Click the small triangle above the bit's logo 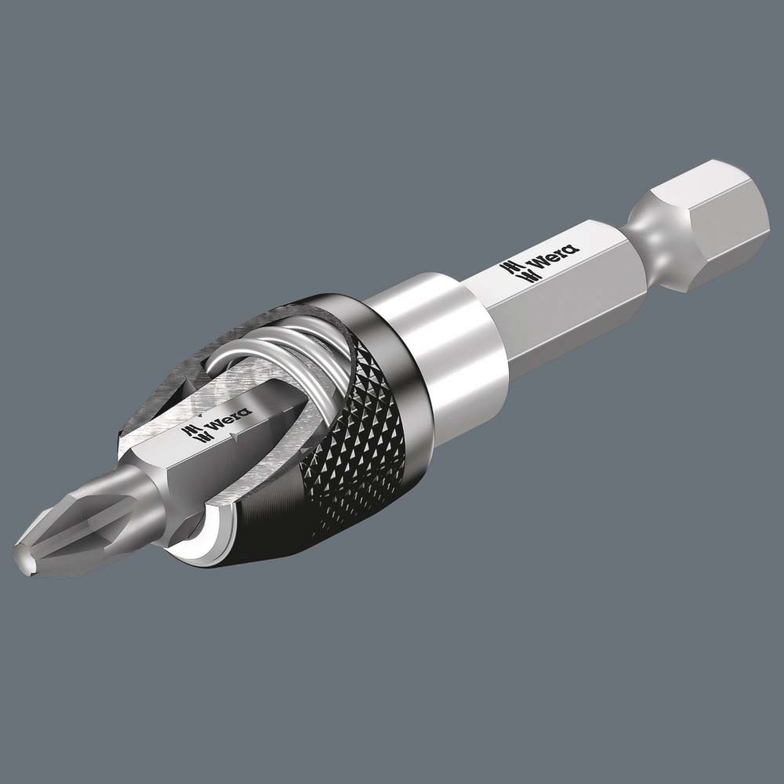click(201, 414)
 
